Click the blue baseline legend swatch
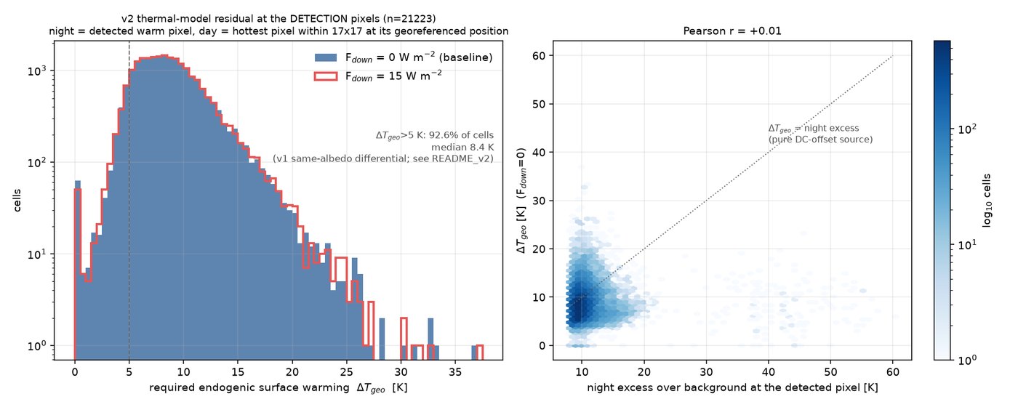point(326,57)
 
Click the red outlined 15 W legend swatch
point(326,76)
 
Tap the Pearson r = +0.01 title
point(732,31)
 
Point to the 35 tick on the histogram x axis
point(455,372)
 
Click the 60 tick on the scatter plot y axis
point(539,56)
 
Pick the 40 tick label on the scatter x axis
point(768,372)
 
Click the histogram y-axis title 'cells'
point(17,201)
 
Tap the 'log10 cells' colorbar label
point(987,201)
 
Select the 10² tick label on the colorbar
point(966,129)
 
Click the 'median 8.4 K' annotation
point(462,147)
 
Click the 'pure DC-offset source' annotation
point(821,140)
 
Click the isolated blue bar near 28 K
point(382,339)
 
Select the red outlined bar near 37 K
point(479,352)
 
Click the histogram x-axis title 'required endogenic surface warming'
point(249,387)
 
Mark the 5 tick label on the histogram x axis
point(129,372)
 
